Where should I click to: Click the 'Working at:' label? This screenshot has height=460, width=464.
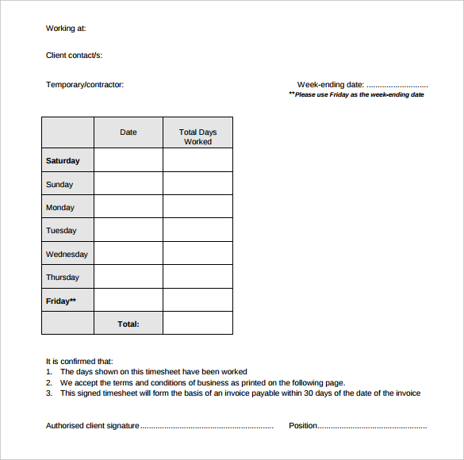(x=66, y=29)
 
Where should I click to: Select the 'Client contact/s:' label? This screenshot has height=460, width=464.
(x=74, y=56)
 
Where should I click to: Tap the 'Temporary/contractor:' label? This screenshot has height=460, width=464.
(x=85, y=85)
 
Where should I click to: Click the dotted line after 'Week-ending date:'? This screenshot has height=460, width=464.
(x=397, y=85)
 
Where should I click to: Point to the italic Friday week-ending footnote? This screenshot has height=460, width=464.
(x=356, y=94)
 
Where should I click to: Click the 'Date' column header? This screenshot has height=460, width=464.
(x=128, y=132)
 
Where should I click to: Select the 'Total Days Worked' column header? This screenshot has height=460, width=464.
(x=197, y=136)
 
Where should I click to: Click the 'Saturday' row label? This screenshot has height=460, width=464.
(x=63, y=160)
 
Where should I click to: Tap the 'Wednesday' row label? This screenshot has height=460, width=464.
(x=67, y=255)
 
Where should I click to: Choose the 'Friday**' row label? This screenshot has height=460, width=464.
(x=61, y=301)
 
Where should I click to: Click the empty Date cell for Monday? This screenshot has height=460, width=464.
(x=128, y=207)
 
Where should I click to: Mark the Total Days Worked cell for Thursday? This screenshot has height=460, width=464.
(x=197, y=278)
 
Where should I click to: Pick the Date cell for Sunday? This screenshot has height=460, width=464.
(x=128, y=184)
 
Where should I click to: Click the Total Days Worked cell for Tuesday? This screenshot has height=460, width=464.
(x=197, y=231)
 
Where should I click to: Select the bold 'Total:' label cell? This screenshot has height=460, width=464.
(x=128, y=324)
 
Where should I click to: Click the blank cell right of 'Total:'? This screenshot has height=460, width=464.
(x=197, y=324)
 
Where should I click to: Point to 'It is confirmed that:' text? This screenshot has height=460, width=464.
(x=79, y=361)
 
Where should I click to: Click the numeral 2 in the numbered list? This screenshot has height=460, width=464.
(x=49, y=382)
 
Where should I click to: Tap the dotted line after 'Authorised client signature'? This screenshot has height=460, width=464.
(x=207, y=426)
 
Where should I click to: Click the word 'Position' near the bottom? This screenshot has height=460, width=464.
(x=303, y=426)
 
